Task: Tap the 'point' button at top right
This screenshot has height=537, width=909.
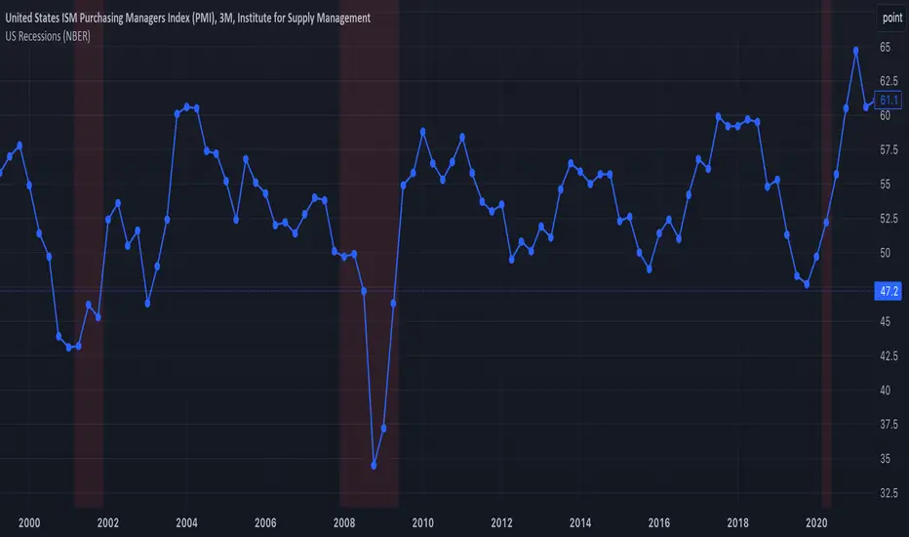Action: point(891,18)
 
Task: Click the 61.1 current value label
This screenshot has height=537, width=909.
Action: point(889,100)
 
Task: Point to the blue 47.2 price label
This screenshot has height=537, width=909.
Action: point(889,290)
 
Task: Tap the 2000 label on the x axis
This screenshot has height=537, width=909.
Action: point(29,523)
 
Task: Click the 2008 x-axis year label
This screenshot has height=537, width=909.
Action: point(344,523)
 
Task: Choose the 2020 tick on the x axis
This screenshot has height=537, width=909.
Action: point(818,523)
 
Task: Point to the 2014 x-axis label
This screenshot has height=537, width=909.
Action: point(580,523)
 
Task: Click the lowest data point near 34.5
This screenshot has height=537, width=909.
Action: point(375,466)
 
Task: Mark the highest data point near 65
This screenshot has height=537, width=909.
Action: point(856,50)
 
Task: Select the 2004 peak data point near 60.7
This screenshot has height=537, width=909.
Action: point(186,105)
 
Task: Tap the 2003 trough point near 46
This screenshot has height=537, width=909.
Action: point(147,304)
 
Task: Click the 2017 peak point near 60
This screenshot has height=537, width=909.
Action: point(718,116)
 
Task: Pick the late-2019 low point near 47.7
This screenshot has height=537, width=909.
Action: point(807,284)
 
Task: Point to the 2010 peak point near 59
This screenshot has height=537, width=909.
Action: point(422,131)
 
